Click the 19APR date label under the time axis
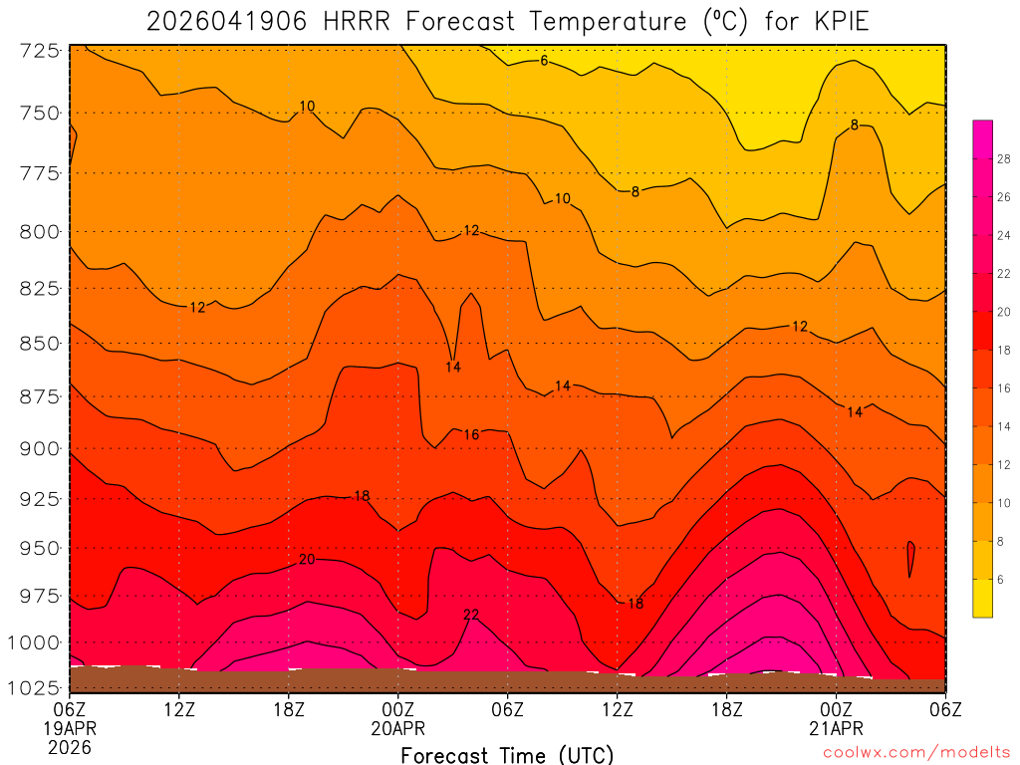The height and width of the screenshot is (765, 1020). pos(68,728)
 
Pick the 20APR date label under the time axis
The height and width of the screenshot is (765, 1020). pos(398,728)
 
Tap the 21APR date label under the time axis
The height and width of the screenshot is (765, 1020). pos(836,728)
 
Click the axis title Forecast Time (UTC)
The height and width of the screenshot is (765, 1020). pos(507,754)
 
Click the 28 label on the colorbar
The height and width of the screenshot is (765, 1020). pos(1004,158)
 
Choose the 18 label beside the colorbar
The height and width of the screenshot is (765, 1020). pos(1004,350)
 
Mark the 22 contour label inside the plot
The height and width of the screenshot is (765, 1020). pos(471,615)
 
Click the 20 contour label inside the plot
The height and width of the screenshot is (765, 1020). pos(307,560)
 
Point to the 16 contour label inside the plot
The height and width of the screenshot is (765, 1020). pos(471,434)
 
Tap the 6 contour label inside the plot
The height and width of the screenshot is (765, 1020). pos(544,61)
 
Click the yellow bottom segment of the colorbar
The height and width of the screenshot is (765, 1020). pos(983,598)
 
